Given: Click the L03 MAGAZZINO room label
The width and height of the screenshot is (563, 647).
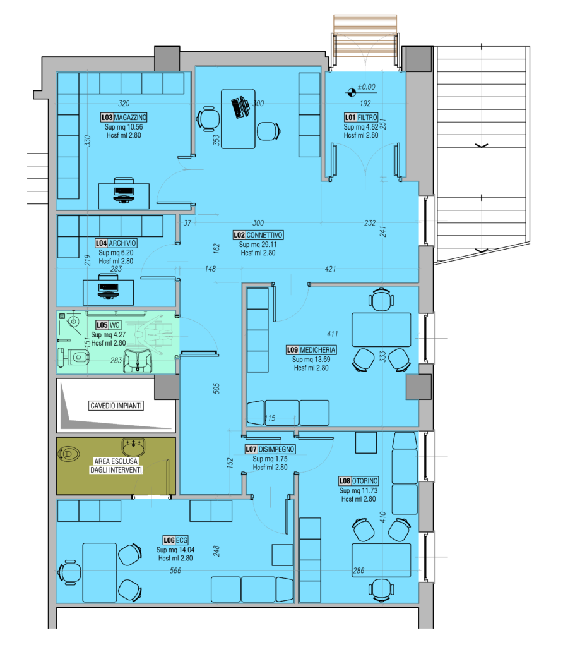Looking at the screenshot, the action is pos(124,118).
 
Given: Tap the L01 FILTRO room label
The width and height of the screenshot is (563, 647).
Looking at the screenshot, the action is pos(361,118).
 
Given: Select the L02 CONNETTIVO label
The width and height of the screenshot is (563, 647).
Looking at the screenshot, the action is pos(258,235).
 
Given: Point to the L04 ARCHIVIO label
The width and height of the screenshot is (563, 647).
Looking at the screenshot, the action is pos(116,243).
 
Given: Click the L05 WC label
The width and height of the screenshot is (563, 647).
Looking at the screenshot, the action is pos(109,325).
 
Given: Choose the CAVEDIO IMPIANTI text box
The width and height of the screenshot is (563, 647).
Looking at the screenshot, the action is pos(116,406).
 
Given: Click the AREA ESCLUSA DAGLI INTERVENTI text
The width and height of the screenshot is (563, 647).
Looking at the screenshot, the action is pos(116,466).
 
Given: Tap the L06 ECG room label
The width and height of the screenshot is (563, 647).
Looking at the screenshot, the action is pos(175,541).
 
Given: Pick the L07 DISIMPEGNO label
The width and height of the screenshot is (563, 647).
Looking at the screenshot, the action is pos(270,449).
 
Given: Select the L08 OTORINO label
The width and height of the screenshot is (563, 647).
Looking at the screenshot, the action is pos(359,481).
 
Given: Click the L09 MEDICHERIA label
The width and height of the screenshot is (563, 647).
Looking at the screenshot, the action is pos(311,350).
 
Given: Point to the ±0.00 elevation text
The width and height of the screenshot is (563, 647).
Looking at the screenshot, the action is pos(367,87).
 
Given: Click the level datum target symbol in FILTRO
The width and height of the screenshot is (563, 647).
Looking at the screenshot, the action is pos(352,93).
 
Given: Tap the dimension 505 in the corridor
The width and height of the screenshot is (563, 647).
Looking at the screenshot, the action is pos(216,389).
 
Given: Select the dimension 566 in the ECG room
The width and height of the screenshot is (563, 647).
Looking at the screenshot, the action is pos(175,571).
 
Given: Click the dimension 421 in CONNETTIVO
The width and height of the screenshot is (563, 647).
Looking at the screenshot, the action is pos(330,269).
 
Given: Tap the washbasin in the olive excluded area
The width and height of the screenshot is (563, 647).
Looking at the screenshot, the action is pos(134,447).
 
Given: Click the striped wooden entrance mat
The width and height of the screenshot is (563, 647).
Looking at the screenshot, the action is pos(365,35).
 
